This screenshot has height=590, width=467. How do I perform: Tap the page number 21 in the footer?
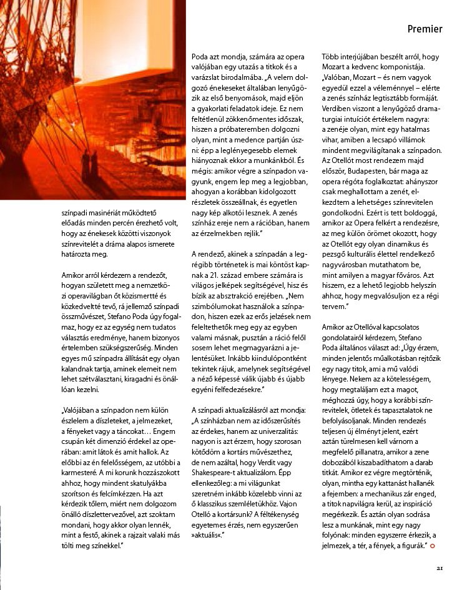(x=440, y=568)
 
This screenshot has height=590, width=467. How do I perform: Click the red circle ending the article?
(x=433, y=547)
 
